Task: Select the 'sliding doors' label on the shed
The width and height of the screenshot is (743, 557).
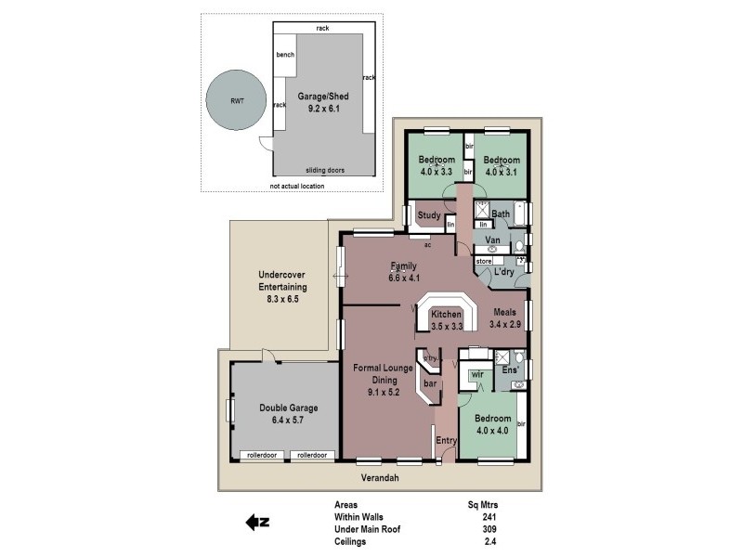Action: pos(324,171)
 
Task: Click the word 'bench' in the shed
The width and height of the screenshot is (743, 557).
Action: pos(285,56)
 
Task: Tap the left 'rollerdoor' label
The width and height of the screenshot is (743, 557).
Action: pos(263,455)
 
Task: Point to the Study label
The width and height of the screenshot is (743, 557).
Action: pos(428,216)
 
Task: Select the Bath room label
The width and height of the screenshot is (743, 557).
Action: pos(500,214)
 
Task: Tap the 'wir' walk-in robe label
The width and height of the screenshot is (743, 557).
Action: pos(476,374)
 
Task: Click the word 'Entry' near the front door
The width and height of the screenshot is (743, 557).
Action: pos(447,440)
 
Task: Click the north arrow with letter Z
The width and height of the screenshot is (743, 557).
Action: pos(256,523)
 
